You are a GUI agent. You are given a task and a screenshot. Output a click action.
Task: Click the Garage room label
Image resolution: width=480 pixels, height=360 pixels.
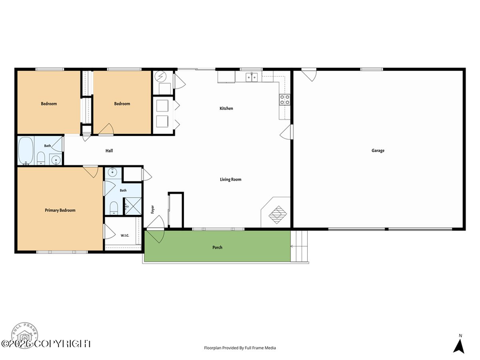coord(378,150)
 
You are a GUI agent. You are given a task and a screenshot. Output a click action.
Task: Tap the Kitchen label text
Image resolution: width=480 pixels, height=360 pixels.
coord(226,108)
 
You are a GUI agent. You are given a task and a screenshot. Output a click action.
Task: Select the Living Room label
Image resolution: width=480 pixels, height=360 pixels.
coord(230,179)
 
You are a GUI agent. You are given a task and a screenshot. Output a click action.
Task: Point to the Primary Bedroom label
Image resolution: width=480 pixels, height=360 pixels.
coord(60,210)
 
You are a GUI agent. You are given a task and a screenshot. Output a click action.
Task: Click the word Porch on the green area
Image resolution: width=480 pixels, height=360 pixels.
coord(218,247)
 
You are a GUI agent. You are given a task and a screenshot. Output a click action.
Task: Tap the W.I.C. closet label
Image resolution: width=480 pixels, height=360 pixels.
coord(125,235)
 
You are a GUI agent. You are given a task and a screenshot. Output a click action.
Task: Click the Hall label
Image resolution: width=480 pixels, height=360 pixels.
coord(109,150)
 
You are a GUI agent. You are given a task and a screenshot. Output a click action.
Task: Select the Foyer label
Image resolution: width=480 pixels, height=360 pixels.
coord(153,210)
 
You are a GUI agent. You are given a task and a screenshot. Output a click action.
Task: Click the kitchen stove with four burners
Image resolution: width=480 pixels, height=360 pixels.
coord(285,100)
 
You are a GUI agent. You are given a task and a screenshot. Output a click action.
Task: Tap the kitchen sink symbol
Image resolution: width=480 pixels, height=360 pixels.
coord(252,77)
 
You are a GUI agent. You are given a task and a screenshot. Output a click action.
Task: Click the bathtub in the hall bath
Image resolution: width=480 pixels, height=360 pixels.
coord(26,151)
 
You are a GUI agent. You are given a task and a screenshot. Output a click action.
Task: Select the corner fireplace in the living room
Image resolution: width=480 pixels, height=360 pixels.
coord(276,212)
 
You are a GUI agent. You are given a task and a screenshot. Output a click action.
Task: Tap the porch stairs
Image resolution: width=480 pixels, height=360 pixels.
coord(299,246)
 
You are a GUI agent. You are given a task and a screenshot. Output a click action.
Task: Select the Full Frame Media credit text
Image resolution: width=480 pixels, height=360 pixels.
coord(240,348)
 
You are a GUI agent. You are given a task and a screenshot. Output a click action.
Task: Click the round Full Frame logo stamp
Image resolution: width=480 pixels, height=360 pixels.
coord(25,335)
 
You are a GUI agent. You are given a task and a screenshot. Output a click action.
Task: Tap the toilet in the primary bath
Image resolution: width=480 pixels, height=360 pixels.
coord(114,207)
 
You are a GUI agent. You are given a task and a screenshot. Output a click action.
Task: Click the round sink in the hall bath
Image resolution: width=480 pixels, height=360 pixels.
coord(55,160)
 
